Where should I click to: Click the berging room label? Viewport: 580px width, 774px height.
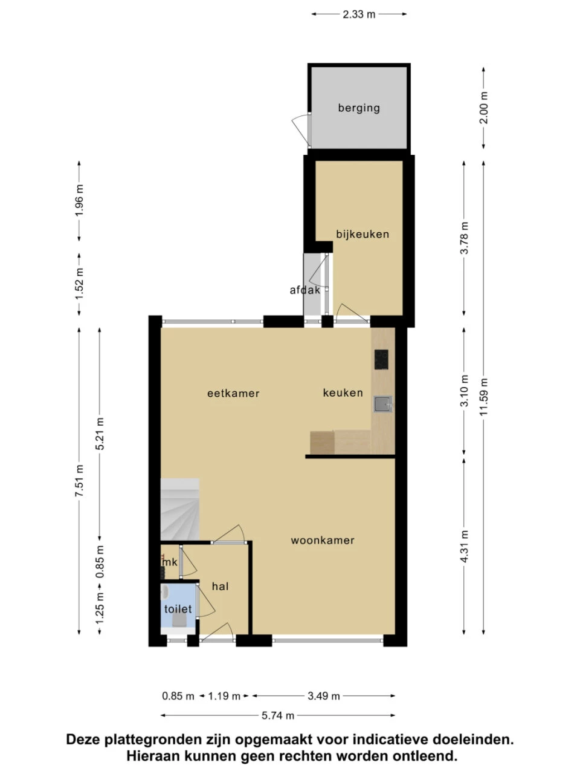pos(359,108)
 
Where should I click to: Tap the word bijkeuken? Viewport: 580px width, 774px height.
pos(362,234)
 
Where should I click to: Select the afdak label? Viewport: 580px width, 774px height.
pos(305,290)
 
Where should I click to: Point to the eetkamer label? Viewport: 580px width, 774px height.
pos(233,393)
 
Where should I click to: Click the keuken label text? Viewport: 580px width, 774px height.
pos(343,392)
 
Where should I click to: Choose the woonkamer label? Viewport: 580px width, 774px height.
pos(323,540)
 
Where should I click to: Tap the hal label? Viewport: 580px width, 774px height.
pos(220,586)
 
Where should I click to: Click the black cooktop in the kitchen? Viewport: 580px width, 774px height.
pos(381,359)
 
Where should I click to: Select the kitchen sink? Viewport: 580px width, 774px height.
pos(383,404)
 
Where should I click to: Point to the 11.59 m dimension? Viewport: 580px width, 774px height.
pos(483,397)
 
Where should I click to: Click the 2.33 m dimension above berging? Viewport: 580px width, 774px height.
pos(359,15)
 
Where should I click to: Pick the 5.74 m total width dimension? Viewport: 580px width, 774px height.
pos(277,715)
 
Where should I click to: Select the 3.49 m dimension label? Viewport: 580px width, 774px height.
pos(324,696)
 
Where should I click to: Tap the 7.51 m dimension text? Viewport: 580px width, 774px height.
pos(79,481)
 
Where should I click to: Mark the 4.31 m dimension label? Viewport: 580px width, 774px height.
pos(464,546)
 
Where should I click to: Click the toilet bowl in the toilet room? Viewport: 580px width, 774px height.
pos(179,620)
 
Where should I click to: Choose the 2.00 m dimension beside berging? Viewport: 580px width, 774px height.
pos(483,108)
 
